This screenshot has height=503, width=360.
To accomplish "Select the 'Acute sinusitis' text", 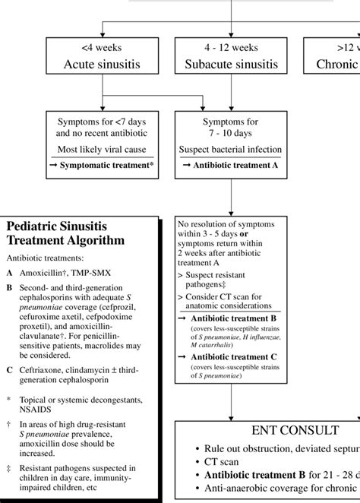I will coord(101,64).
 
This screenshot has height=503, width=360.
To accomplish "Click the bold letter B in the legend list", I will coord(9,288).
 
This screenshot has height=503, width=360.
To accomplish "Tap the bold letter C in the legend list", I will coord(9,369).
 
